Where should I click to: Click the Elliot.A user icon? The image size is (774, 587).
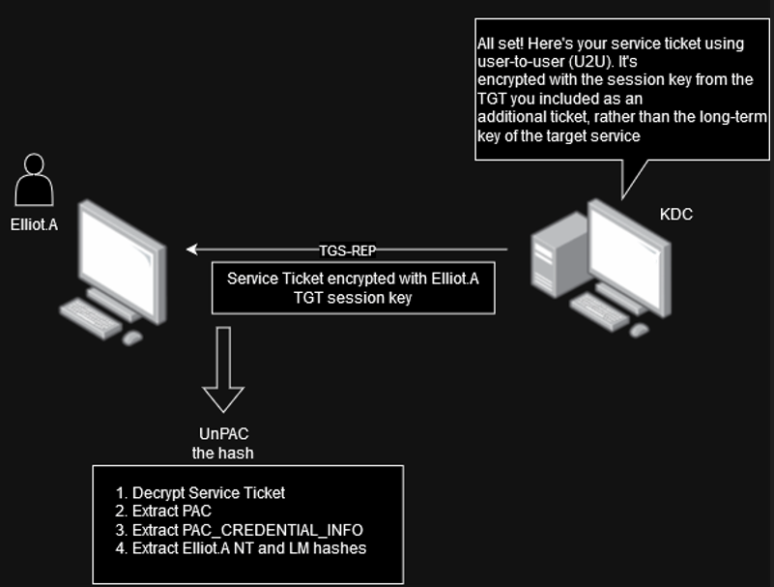tap(34, 179)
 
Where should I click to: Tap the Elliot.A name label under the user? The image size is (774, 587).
tap(34, 224)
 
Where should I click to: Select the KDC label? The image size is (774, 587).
tap(676, 215)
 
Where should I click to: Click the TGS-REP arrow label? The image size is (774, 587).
tap(348, 250)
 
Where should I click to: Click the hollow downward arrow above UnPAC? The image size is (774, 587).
tap(223, 369)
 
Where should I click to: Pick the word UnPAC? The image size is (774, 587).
tap(223, 434)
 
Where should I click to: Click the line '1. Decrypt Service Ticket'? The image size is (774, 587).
tap(200, 492)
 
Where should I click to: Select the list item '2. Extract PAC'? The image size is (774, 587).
tap(163, 511)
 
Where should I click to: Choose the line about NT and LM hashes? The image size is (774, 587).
tap(241, 548)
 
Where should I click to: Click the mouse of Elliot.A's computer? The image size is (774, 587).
tap(132, 338)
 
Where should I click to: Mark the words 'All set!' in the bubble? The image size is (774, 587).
tap(500, 44)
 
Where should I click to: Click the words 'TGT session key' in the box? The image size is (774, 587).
tap(353, 298)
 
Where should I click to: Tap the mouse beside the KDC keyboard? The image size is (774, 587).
tap(639, 330)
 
